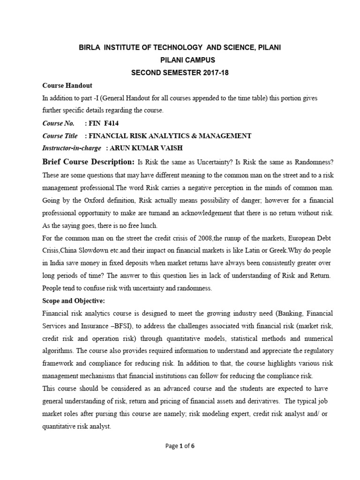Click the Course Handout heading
coord(67,86)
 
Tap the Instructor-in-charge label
coord(71,148)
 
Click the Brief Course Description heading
coord(88,162)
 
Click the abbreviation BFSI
coord(108,325)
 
